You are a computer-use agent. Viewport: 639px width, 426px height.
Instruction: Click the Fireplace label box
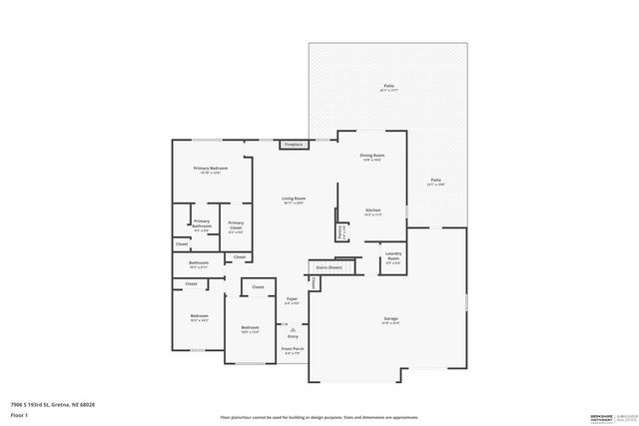coord(294,145)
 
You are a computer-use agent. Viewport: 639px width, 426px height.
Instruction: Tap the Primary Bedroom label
coord(211,170)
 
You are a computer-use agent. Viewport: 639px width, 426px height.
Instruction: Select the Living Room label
coord(294,201)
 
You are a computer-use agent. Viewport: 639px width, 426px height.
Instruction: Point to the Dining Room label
coord(371,158)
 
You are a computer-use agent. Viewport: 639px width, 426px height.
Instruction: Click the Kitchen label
coord(372,212)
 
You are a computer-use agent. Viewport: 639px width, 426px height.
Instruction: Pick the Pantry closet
coord(340,230)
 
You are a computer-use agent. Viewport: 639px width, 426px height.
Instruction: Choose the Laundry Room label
coord(392,258)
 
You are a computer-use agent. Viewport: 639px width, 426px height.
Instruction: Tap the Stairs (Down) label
coord(328,267)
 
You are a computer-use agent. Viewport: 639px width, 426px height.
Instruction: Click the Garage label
coord(390,320)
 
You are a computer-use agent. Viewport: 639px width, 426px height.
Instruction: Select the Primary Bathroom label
coord(202,224)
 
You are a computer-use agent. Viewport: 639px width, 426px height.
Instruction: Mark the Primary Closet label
coord(236,225)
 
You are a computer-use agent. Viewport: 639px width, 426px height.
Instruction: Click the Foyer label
coord(292,300)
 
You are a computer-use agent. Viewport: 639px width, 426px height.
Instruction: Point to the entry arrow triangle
coord(293,329)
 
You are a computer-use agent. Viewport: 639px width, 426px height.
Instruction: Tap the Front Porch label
coord(293,350)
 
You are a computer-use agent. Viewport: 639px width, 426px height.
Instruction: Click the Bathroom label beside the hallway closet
coord(198,264)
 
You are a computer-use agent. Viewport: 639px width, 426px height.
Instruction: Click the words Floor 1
coord(19,414)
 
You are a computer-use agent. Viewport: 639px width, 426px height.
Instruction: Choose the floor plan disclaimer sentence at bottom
coord(319,417)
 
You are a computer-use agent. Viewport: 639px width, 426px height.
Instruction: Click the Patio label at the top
coord(389,88)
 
